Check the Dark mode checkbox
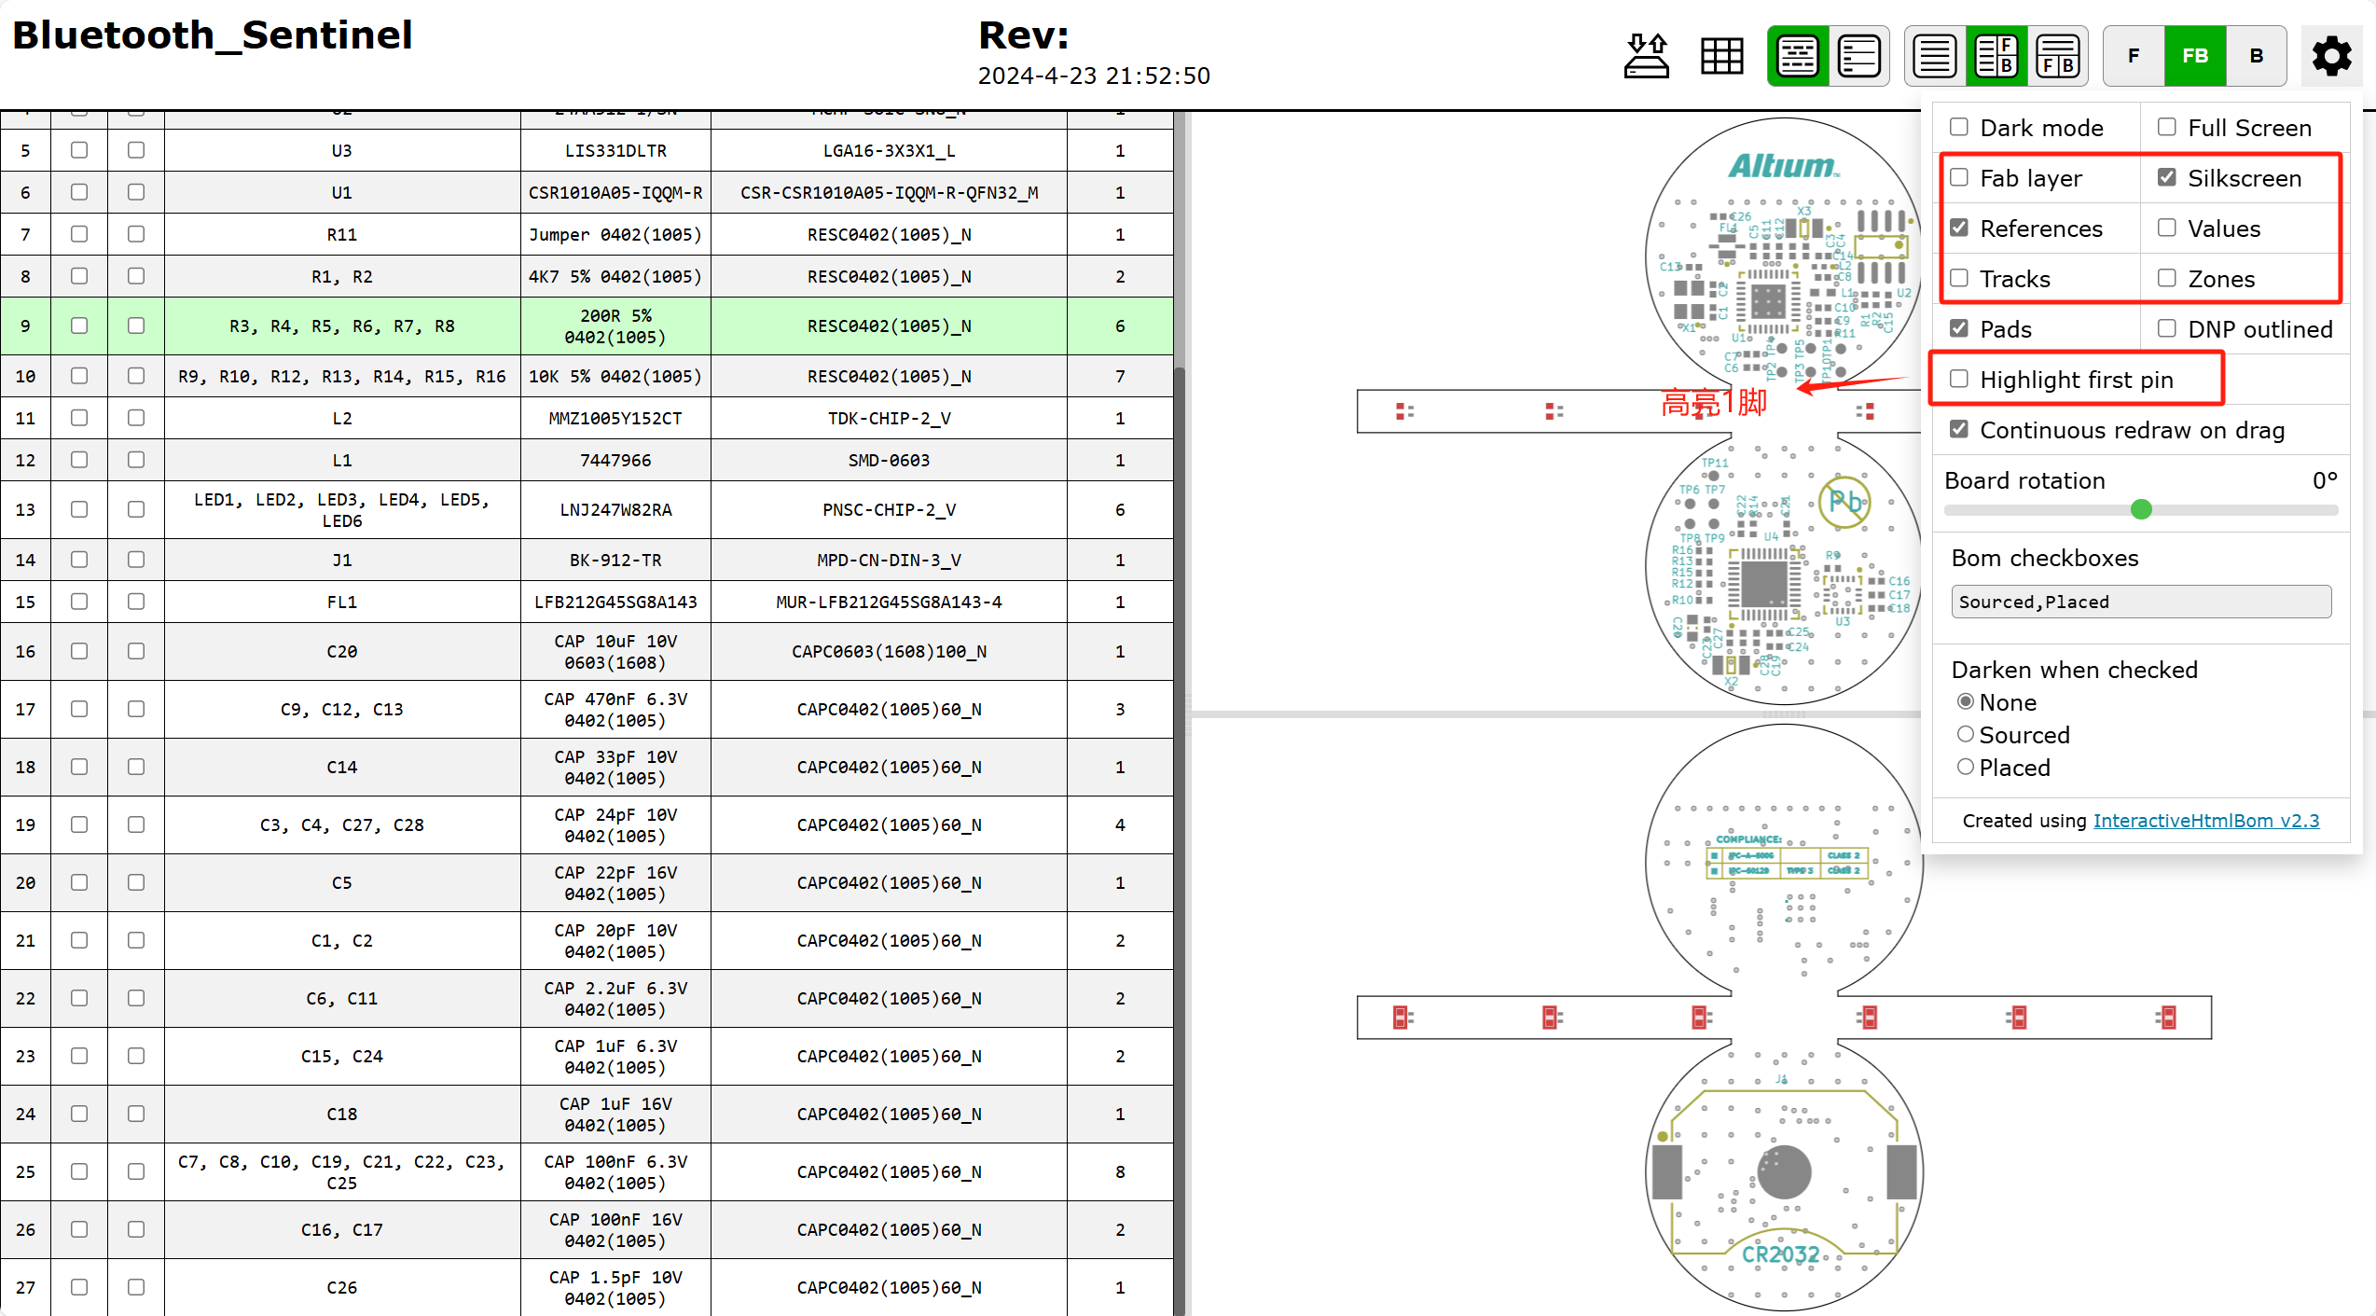[x=1959, y=127]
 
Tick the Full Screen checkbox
[x=2167, y=127]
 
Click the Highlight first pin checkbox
[x=1959, y=379]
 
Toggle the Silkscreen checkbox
[x=2167, y=177]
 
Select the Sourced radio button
[x=1966, y=735]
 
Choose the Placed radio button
[x=1966, y=768]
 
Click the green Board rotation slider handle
[x=2141, y=509]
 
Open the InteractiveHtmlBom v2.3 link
[x=2206, y=821]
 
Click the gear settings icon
[x=2331, y=56]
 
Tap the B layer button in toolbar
[x=2257, y=56]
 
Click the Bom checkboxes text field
[x=2141, y=602]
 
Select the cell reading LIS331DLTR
[x=615, y=151]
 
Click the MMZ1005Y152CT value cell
[x=615, y=419]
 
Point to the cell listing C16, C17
[x=342, y=1230]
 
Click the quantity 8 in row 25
[x=1120, y=1172]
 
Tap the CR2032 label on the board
[x=1781, y=1255]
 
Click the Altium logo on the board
[x=1783, y=167]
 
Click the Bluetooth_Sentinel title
[x=213, y=35]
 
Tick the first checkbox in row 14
[x=79, y=560]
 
